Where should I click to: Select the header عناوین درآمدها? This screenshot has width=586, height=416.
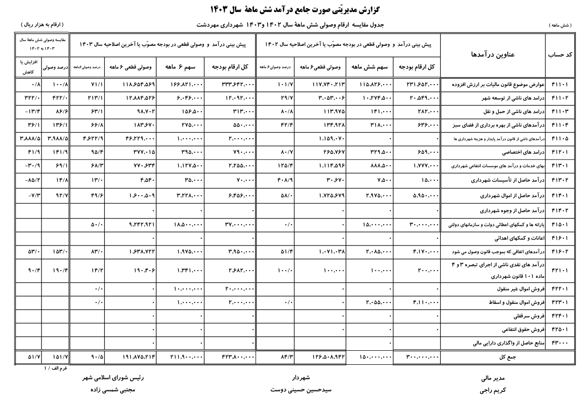493,55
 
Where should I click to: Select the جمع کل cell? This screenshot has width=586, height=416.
492,358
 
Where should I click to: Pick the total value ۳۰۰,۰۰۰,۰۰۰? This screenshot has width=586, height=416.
419,358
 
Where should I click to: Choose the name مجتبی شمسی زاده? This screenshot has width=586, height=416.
112,389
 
